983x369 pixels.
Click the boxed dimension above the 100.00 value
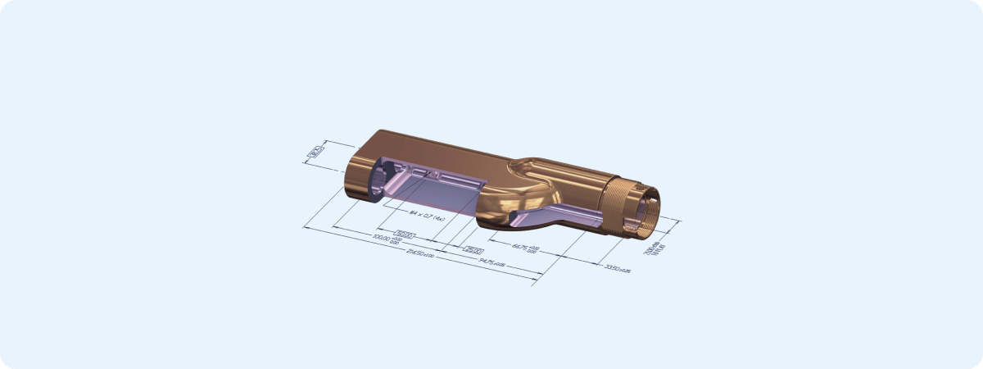(407, 234)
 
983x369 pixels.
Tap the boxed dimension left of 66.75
(473, 250)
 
